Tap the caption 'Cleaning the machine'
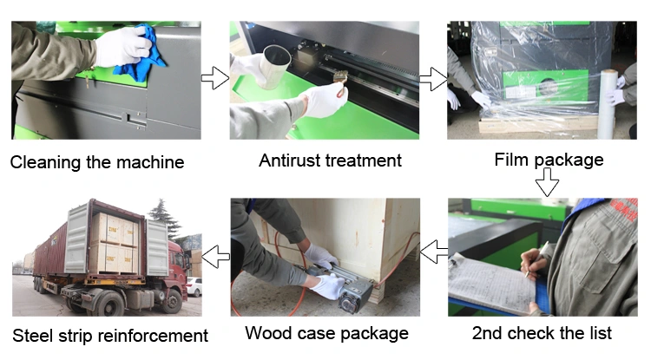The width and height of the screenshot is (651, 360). (97, 161)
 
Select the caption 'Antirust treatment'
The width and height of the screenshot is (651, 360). (330, 160)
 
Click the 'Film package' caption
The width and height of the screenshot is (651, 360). (547, 160)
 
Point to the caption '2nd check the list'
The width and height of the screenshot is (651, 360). (542, 333)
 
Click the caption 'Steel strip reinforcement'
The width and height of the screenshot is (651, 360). (110, 335)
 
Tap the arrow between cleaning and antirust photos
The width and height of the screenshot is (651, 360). (214, 79)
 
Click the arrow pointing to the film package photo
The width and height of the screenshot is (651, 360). (432, 79)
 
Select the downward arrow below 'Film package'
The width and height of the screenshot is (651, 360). (547, 183)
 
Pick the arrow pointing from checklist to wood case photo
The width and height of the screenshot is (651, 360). (433, 252)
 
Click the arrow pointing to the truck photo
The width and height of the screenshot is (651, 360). (215, 255)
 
